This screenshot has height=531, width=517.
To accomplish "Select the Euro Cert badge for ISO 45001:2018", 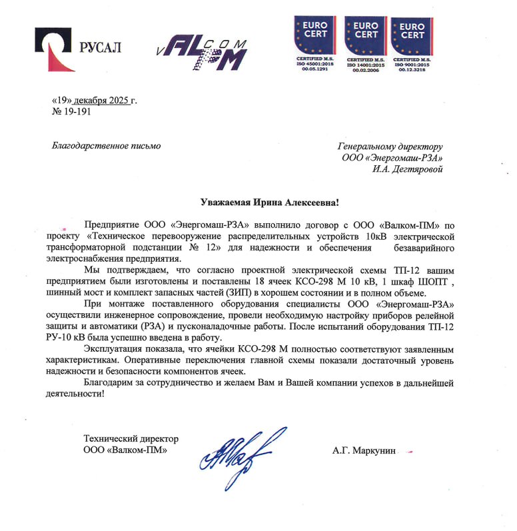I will pos(316,39).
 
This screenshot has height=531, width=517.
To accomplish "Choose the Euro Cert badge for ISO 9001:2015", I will pos(412,39).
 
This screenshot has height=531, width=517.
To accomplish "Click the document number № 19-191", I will pos(71,112).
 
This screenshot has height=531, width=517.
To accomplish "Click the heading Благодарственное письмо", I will pos(106,145).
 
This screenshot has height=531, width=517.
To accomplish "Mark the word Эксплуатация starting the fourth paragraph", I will pos(113,349).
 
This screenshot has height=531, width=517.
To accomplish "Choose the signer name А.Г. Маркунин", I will pos(364,451).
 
